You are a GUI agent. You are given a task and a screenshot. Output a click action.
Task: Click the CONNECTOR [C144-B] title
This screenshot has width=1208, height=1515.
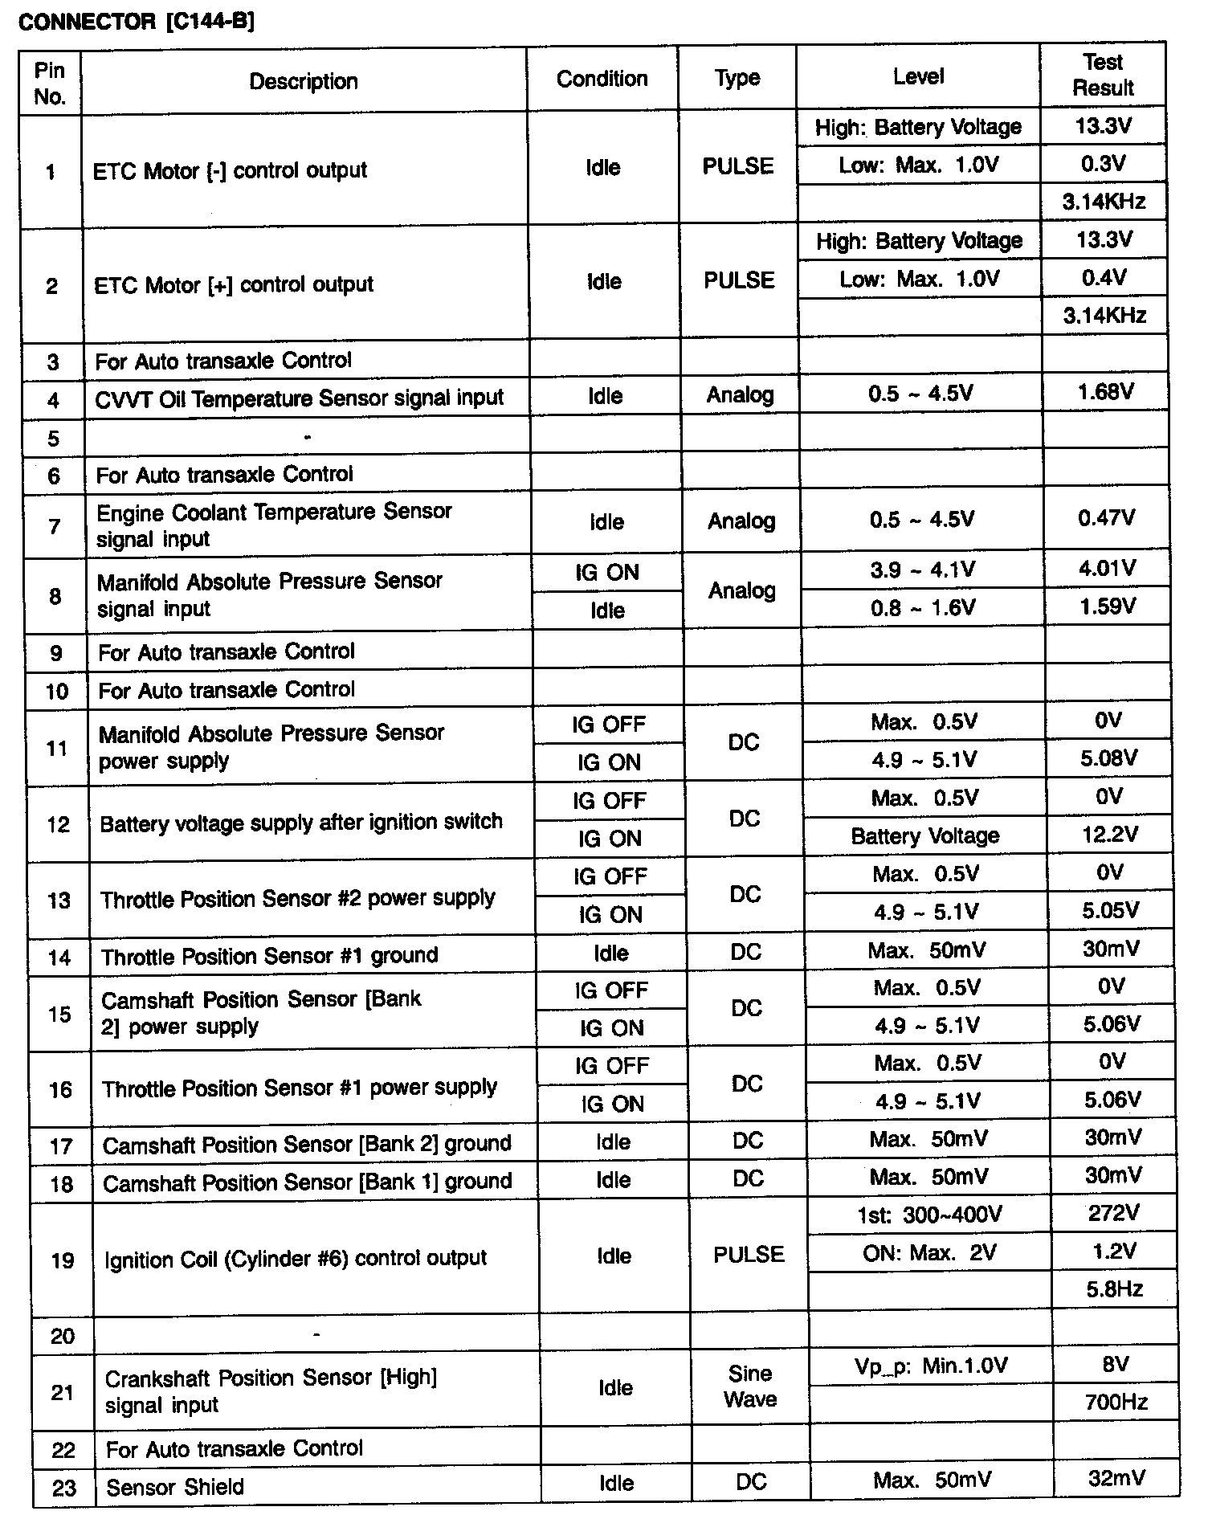[x=136, y=21]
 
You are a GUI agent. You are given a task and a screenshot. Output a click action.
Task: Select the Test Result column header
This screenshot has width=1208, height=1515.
[x=1103, y=75]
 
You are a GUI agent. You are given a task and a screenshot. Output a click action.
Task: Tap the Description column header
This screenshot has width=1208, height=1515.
[x=304, y=81]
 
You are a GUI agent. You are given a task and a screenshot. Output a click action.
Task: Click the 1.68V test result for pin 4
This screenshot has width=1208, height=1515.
[x=1105, y=392]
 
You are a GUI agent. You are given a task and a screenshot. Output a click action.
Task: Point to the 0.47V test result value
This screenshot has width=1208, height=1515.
[x=1106, y=518]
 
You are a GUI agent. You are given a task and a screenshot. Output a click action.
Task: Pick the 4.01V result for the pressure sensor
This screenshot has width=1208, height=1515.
[x=1107, y=569]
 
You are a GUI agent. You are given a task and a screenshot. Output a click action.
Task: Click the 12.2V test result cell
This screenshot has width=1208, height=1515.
[x=1109, y=835]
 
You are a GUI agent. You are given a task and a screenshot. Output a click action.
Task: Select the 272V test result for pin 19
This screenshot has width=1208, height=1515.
[x=1113, y=1213]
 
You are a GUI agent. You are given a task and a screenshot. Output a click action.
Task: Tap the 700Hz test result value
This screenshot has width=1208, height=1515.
[x=1116, y=1403]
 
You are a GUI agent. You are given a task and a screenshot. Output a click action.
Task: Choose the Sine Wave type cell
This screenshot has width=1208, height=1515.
[x=750, y=1386]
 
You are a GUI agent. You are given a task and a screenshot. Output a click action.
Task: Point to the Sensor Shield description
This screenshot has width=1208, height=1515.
[x=175, y=1487]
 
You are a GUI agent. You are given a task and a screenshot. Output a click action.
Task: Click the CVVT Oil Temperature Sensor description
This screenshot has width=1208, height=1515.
[x=299, y=398]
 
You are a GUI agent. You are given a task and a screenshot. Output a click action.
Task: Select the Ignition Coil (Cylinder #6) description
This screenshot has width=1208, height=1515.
[x=296, y=1258]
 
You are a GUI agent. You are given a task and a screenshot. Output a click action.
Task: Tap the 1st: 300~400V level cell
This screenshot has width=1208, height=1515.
[x=929, y=1215]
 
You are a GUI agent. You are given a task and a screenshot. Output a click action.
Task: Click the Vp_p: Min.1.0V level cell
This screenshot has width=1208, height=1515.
[x=931, y=1366]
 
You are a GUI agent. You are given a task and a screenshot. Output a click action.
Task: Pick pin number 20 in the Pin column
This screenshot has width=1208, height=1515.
[x=63, y=1336]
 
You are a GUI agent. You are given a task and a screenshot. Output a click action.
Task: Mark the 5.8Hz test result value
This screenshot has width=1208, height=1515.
[x=1115, y=1289]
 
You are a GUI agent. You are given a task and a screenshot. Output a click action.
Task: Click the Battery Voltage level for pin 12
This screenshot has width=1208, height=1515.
[x=925, y=836]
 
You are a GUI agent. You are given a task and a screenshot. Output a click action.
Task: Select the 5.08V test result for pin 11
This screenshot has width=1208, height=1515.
[x=1108, y=758]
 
